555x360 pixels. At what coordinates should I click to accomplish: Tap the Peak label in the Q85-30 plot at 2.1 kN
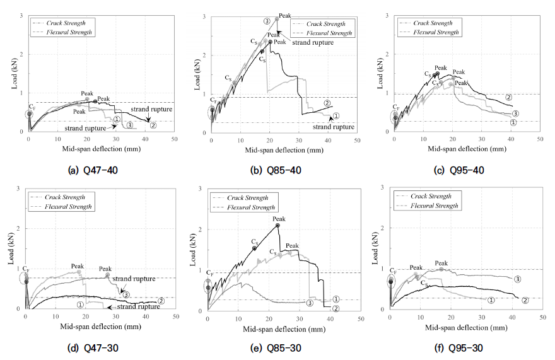pyautogui.click(x=279, y=219)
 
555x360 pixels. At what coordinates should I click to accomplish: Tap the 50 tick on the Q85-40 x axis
pyautogui.click(x=358, y=139)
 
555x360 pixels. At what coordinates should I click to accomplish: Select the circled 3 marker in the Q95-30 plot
pyautogui.click(x=517, y=279)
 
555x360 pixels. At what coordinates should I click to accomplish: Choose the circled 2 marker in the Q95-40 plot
pyautogui.click(x=508, y=97)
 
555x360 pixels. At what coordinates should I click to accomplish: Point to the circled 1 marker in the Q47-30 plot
pyautogui.click(x=80, y=304)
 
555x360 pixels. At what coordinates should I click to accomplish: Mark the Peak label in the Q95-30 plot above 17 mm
pyautogui.click(x=441, y=263)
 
